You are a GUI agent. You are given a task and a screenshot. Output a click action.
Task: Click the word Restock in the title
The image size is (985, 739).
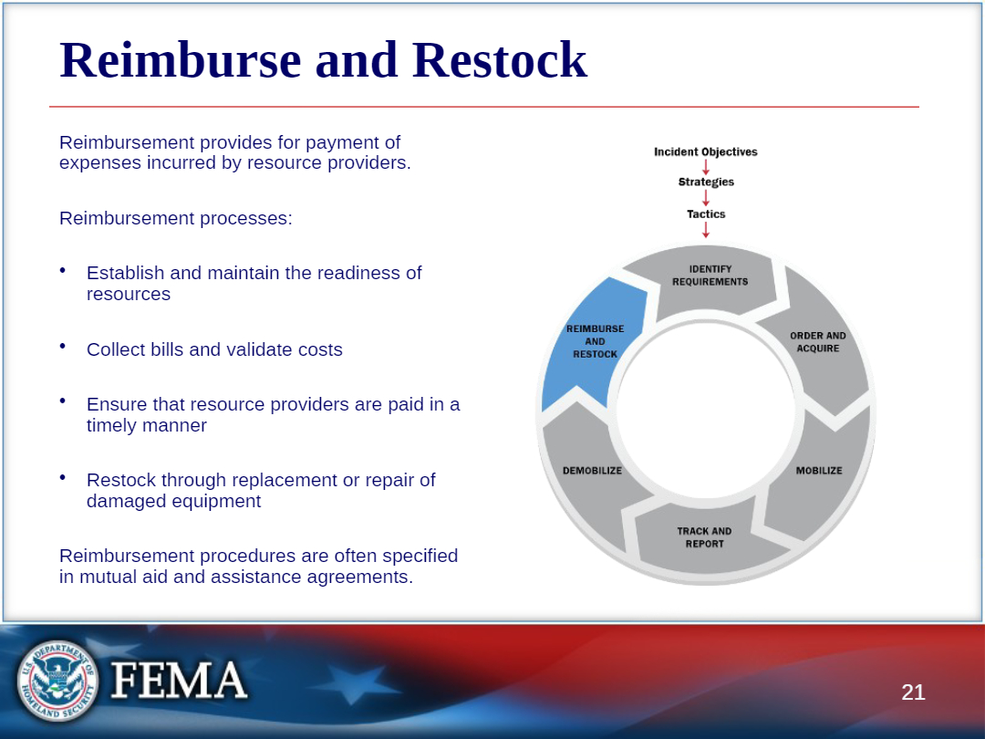click(500, 60)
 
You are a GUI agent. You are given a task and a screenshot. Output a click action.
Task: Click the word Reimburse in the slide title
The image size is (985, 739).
click(181, 60)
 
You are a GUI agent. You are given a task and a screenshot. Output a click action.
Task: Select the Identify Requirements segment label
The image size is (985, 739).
click(710, 276)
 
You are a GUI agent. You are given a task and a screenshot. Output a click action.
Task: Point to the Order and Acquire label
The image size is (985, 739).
click(818, 342)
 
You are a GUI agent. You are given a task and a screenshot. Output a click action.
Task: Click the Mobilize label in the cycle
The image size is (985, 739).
click(819, 471)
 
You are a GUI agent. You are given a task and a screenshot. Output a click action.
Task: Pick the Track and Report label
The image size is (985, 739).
click(704, 537)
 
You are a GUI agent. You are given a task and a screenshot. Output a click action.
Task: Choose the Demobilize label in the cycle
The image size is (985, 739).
click(593, 471)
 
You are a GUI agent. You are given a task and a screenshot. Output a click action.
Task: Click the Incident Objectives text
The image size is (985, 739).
click(705, 152)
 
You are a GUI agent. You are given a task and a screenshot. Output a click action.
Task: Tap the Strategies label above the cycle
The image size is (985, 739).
click(706, 182)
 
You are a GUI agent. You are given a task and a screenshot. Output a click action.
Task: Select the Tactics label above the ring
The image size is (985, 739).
click(706, 214)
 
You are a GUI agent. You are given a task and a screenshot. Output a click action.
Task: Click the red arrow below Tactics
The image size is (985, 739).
click(706, 230)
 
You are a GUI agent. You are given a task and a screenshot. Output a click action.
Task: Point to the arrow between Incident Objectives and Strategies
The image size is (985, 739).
click(706, 167)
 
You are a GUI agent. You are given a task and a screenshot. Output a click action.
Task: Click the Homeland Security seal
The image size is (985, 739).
click(57, 681)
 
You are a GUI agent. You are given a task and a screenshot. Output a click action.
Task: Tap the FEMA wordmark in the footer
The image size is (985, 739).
click(179, 680)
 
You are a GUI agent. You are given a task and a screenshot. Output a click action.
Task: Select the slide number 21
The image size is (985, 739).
click(913, 692)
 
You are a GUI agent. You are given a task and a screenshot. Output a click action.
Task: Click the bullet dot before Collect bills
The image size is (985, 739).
click(63, 346)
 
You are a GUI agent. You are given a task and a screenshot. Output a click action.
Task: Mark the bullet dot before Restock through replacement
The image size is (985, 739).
click(63, 477)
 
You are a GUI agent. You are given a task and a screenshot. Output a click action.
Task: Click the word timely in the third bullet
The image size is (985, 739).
click(113, 426)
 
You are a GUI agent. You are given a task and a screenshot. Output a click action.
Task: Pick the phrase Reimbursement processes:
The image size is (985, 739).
click(176, 219)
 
